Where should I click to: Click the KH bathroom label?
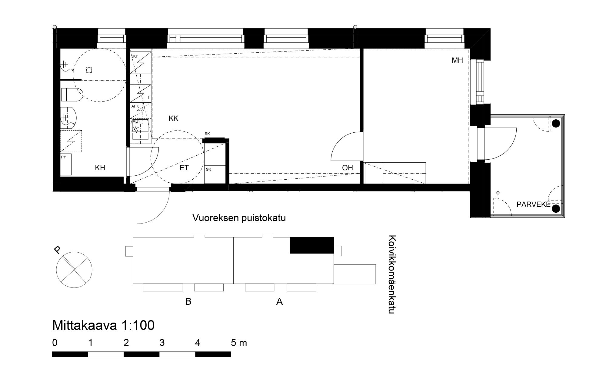coord(100,168)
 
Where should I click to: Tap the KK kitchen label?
coord(173,119)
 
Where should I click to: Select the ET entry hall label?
coord(184,168)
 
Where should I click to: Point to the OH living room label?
coord(348,168)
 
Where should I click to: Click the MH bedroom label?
coord(457,60)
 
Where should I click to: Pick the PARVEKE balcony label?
coord(533,204)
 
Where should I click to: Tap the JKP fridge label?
coord(135,56)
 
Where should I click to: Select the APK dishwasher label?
coord(135,106)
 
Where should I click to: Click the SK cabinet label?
coord(208,169)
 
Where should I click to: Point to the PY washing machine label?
coord(64,157)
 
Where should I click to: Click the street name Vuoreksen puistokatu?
coord(239,218)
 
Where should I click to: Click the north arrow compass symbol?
coord(74,270)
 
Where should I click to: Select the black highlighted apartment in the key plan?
coord(312,245)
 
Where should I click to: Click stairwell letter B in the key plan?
coord(188,302)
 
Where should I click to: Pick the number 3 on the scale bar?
coord(162,343)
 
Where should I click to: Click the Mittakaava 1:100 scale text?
coord(103,325)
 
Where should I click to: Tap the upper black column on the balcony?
coord(555,124)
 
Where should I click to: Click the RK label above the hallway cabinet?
coord(207,134)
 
